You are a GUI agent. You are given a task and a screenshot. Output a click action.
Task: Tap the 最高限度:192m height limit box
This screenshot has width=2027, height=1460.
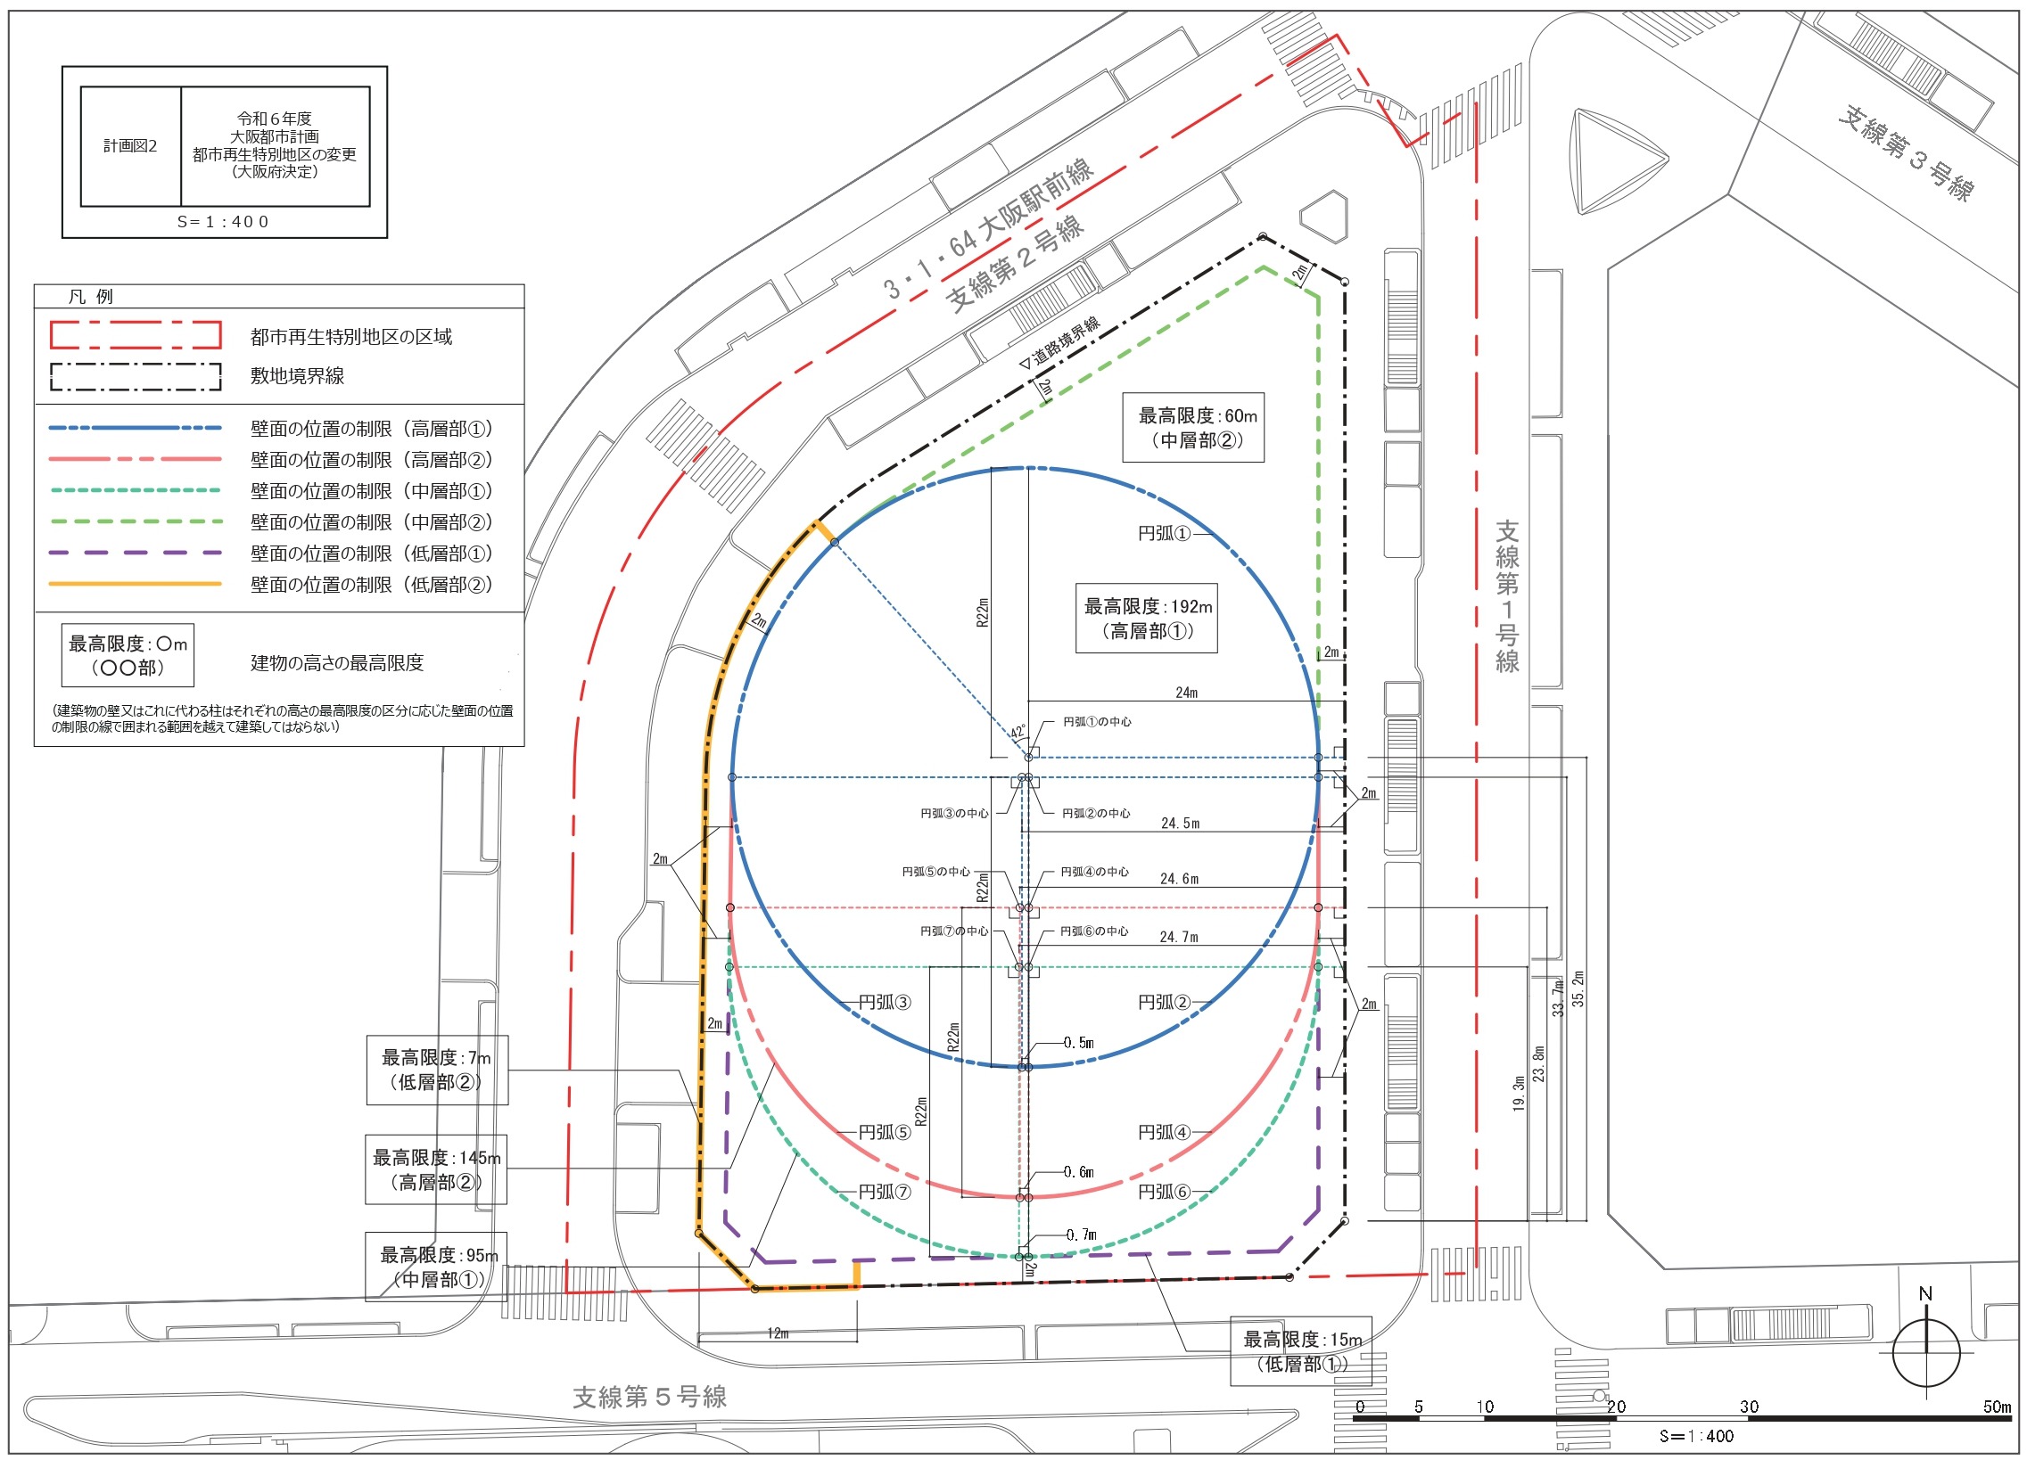tap(1147, 619)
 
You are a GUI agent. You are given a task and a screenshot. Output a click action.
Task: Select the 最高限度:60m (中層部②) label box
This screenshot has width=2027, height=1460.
tap(1193, 427)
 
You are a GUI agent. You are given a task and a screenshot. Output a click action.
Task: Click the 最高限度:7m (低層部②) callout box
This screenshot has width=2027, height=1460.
tap(437, 1070)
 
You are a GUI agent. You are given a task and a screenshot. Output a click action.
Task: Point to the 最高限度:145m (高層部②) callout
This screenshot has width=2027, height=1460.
tap(436, 1169)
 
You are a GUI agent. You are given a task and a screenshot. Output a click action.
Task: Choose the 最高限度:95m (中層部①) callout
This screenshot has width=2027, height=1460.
tap(436, 1267)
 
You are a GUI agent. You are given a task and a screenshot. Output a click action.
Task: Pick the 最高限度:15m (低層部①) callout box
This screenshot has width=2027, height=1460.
tap(1301, 1351)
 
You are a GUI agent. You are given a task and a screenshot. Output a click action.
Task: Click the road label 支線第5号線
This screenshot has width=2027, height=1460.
tap(650, 1397)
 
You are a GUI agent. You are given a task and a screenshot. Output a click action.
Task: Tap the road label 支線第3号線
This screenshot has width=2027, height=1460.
tap(1907, 152)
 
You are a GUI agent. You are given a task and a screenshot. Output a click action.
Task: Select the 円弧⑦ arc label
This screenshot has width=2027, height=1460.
tap(885, 1192)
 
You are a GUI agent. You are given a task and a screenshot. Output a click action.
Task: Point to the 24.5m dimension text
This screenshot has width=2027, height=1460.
tap(1180, 823)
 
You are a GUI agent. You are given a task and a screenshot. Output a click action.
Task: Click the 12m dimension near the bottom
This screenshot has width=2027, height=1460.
tap(778, 1333)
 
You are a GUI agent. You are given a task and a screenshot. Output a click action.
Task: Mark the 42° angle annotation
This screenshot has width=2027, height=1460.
tap(1018, 732)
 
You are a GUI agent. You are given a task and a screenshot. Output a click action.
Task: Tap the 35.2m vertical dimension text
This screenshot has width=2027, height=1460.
tap(1578, 988)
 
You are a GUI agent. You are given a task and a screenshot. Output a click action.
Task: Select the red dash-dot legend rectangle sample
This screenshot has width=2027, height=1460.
tap(136, 334)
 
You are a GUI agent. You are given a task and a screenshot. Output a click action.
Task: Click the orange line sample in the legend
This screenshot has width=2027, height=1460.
tap(135, 584)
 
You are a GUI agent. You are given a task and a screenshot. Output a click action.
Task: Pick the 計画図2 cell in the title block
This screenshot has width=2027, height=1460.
tap(130, 145)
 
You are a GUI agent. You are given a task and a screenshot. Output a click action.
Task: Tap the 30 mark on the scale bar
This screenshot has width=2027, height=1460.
tap(1749, 1407)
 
